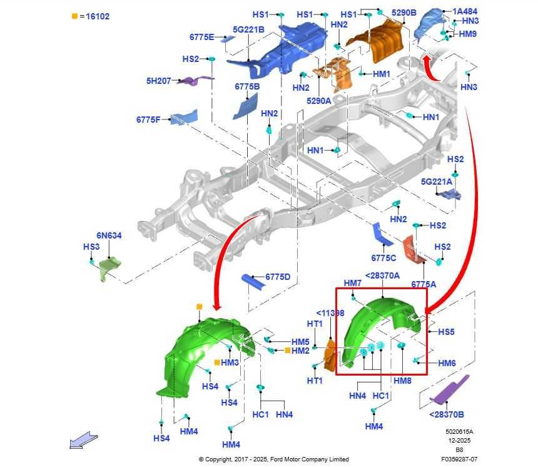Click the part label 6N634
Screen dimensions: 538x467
[109, 235]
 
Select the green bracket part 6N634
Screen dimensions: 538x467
[109, 268]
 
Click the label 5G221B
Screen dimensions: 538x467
[248, 30]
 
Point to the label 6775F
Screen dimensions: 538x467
[148, 120]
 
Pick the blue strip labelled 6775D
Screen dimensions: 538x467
[253, 282]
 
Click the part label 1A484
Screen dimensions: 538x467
[465, 11]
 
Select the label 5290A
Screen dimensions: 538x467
[319, 101]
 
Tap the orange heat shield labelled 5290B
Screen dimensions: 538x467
[378, 41]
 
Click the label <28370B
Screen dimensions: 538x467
[447, 414]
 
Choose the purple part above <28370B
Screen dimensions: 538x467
[450, 390]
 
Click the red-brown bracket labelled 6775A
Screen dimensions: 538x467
[415, 250]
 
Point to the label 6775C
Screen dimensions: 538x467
[383, 258]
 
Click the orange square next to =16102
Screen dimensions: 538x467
[74, 16]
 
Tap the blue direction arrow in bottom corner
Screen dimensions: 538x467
[84, 440]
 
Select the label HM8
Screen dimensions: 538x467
[402, 381]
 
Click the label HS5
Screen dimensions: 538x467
[446, 332]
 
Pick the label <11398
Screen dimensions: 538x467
[330, 313]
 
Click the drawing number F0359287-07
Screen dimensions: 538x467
[459, 459]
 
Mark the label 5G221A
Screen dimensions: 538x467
[437, 182]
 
